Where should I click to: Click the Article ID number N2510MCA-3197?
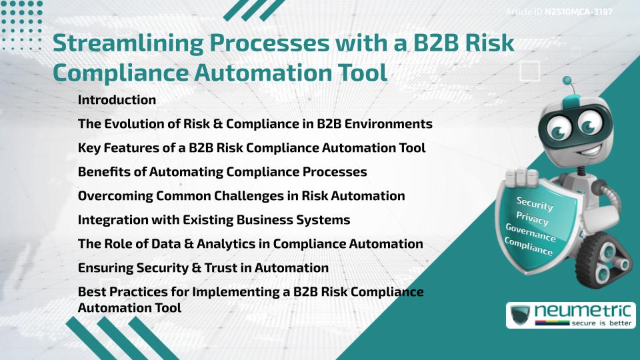[578, 12]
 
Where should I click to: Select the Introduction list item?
[117, 100]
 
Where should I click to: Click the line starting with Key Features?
[251, 148]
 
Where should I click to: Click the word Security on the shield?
[535, 204]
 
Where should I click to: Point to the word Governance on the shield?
[531, 233]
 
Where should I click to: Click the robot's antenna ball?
[567, 82]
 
